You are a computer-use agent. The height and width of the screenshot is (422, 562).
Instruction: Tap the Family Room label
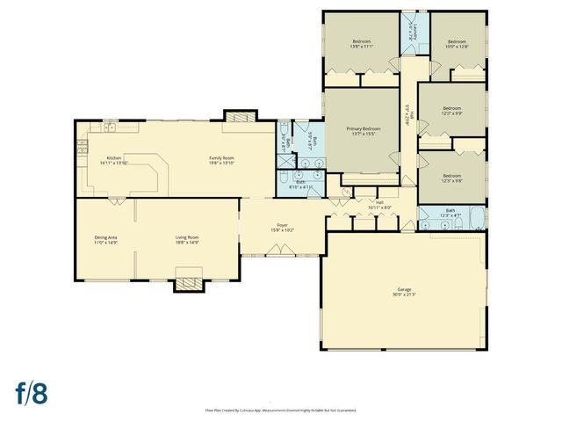[220, 157]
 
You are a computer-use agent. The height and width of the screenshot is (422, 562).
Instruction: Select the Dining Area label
[106, 237]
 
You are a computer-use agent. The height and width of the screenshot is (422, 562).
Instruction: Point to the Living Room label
[186, 237]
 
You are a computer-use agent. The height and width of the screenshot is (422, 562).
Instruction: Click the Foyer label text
[283, 226]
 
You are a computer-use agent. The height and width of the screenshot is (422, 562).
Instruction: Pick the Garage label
[404, 289]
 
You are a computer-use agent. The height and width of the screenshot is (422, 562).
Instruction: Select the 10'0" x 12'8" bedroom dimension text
[458, 47]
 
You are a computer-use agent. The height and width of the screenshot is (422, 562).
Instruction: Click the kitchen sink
[110, 129]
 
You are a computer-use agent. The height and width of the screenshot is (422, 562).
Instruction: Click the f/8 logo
[31, 392]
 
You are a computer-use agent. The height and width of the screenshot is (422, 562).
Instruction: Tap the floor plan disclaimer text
[281, 410]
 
